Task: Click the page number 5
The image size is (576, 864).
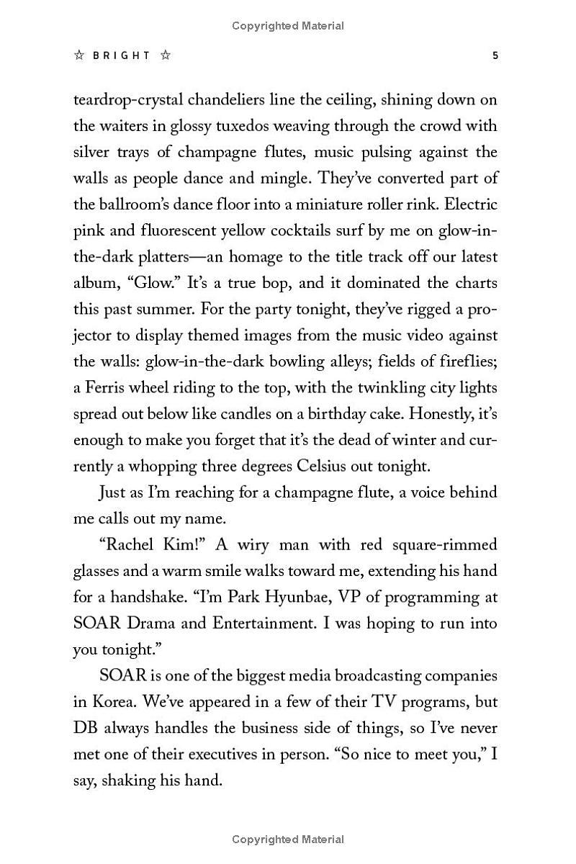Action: pos(495,55)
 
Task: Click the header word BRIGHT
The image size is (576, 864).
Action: pos(122,55)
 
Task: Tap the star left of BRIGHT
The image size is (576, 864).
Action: pos(79,55)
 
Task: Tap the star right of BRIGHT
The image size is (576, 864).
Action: pos(166,55)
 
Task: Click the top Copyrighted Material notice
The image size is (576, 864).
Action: pos(288,26)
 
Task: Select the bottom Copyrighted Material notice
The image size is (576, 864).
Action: pos(288,839)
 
